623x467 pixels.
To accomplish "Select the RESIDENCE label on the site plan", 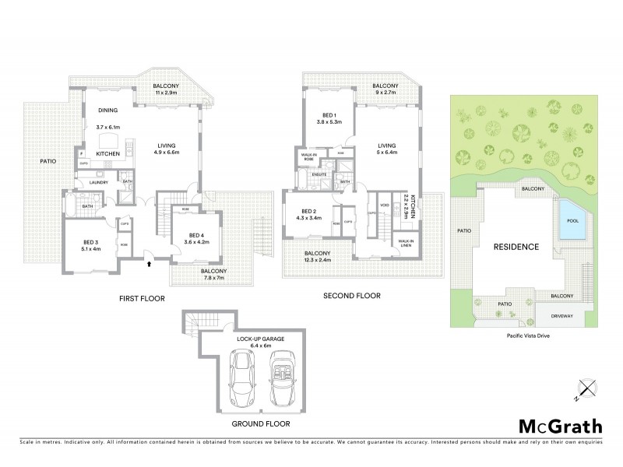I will coord(516,247).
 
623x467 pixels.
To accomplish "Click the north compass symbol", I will coord(586,388).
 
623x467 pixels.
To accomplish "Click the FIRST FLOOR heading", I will coord(143,297).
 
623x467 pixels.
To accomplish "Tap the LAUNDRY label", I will coord(98,183).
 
